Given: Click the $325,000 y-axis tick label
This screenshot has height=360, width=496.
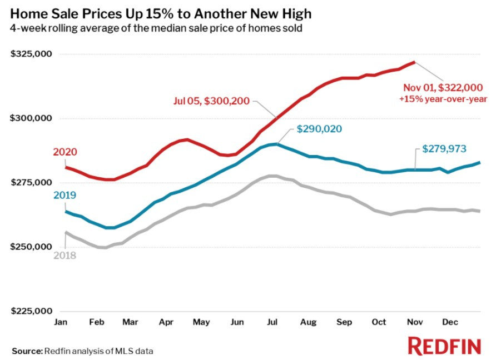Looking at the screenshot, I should click(32, 54).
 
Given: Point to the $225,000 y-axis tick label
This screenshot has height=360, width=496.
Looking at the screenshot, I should click(32, 311).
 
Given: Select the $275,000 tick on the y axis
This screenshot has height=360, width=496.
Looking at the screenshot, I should click(32, 183).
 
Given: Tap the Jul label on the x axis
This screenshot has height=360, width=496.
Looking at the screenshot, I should click(273, 322).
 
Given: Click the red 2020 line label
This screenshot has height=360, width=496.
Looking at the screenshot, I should click(65, 152).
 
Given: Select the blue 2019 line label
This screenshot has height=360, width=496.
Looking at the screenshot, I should click(65, 196).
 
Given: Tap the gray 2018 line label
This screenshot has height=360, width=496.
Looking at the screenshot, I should click(65, 256).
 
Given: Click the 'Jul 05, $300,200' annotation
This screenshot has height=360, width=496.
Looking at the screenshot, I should click(211, 101).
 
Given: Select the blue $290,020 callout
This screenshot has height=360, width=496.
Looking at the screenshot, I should click(319, 129).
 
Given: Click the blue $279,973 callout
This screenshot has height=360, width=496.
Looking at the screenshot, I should click(445, 149).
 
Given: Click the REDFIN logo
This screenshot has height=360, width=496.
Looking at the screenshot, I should click(444, 346).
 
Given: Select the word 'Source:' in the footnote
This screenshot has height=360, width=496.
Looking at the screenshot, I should click(27, 351).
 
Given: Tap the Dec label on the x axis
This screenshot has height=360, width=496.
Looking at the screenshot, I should click(449, 322).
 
